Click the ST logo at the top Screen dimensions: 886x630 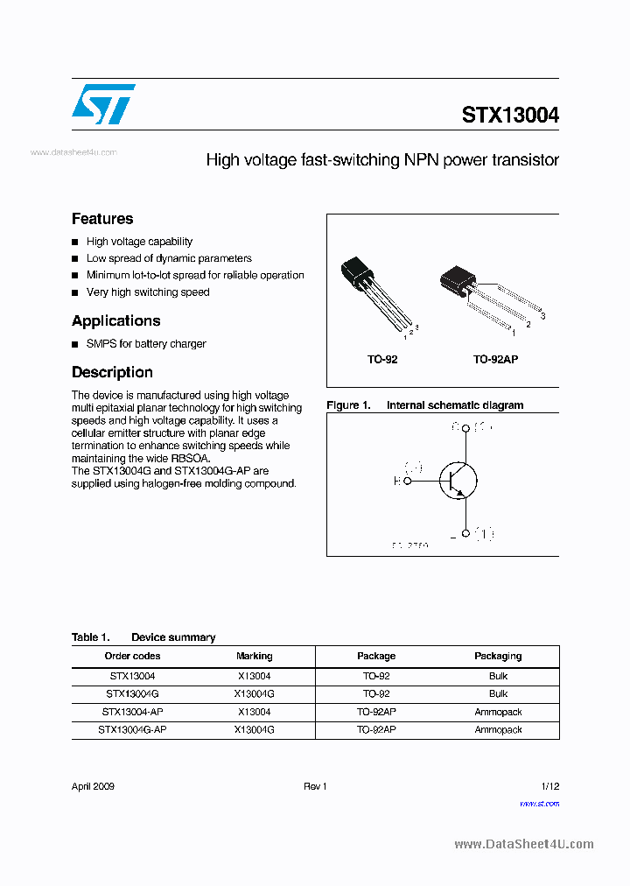click(103, 104)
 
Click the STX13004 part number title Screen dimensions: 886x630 click(510, 116)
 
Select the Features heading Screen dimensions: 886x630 click(102, 219)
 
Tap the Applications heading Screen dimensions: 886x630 click(115, 320)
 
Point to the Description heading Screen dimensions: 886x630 click(112, 372)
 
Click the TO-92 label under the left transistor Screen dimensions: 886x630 click(382, 360)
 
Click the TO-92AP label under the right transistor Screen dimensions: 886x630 click(495, 360)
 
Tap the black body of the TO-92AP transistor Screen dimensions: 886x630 click(457, 278)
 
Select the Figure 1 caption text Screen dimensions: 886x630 click(424, 405)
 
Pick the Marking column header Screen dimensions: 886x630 click(254, 656)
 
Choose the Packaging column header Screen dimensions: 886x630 click(498, 656)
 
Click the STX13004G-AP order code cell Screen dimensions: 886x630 click(132, 729)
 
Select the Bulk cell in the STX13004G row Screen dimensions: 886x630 click(498, 693)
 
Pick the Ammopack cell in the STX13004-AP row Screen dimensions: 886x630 click(498, 712)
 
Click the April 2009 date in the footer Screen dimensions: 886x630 click(93, 786)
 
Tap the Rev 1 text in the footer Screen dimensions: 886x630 click(315, 786)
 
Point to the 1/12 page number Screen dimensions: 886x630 click(549, 786)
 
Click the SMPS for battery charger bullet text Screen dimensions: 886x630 click(146, 344)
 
